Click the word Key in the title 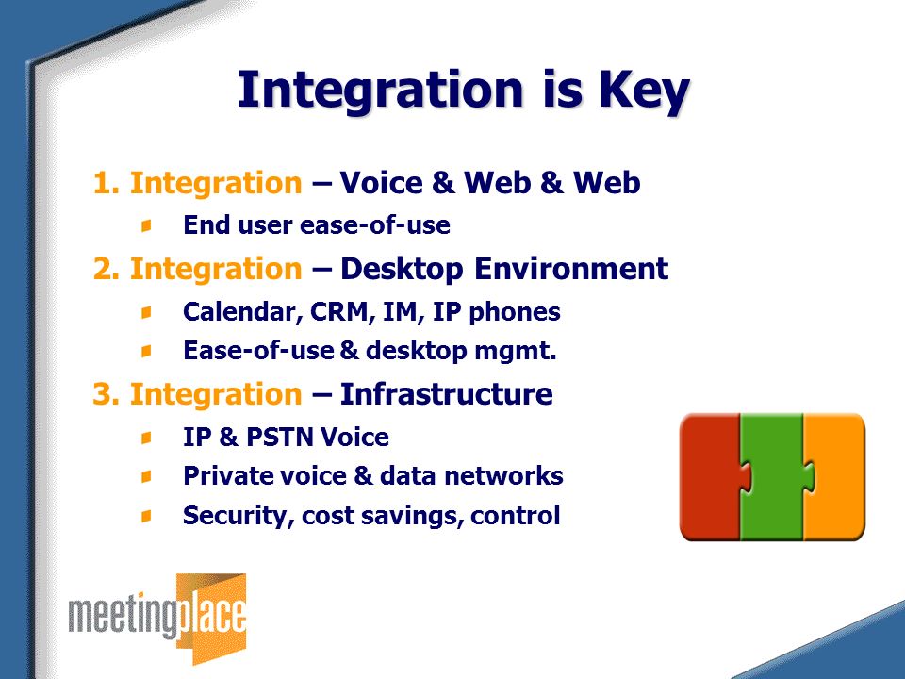coord(644,91)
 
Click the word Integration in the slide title coord(380,91)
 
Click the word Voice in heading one coord(382,182)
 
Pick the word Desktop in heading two coord(402,270)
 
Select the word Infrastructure coord(446,394)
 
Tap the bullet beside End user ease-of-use coord(147,225)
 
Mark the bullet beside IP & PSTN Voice coord(147,438)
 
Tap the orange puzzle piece coord(834,477)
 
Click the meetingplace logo coord(157,619)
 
